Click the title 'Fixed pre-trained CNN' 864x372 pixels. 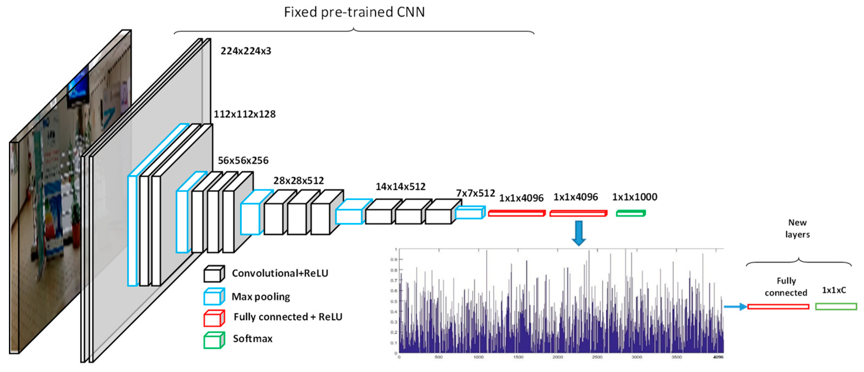click(354, 12)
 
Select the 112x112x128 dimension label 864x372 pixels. click(245, 114)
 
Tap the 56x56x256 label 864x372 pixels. click(243, 160)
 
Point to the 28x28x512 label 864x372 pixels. click(298, 181)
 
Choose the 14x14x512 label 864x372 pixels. click(400, 187)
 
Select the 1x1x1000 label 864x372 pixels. click(635, 197)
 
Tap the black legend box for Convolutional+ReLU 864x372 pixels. click(214, 274)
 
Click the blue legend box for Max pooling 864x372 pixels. click(214, 296)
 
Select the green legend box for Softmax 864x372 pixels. click(214, 340)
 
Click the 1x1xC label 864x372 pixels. click(834, 290)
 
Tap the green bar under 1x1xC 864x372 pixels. click(836, 306)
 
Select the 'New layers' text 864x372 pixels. click(797, 228)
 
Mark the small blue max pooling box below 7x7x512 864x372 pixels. click(470, 213)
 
